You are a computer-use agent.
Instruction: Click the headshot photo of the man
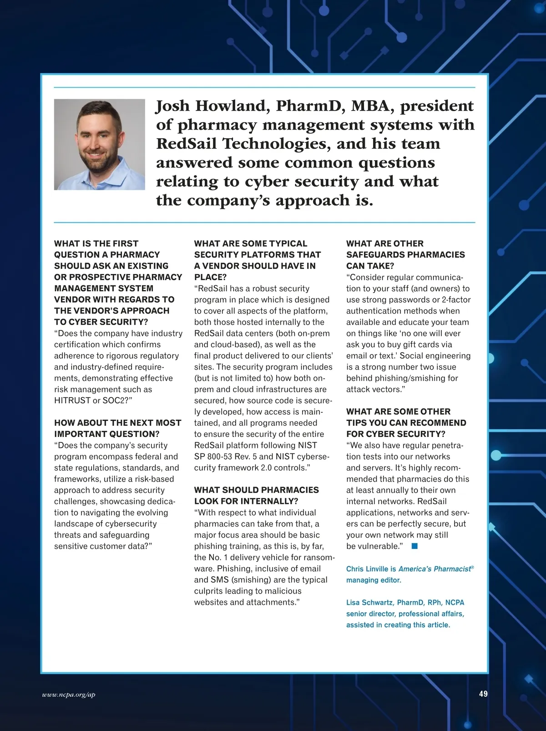point(99,144)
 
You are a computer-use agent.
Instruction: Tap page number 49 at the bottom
point(483,694)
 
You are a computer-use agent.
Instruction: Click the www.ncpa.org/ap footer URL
point(69,695)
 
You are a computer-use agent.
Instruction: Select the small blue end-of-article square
point(414,546)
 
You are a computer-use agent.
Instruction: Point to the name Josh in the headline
point(172,106)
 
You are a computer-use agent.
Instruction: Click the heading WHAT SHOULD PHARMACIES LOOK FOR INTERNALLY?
point(256,496)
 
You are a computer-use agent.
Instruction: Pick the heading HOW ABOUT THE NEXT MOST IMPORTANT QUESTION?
point(117,428)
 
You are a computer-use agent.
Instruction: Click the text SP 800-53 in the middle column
point(213,457)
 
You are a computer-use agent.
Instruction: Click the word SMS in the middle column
point(219,580)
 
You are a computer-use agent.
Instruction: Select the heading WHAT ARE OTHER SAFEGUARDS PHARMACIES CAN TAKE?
point(405,254)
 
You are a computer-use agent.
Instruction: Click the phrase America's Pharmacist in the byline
point(434,569)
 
